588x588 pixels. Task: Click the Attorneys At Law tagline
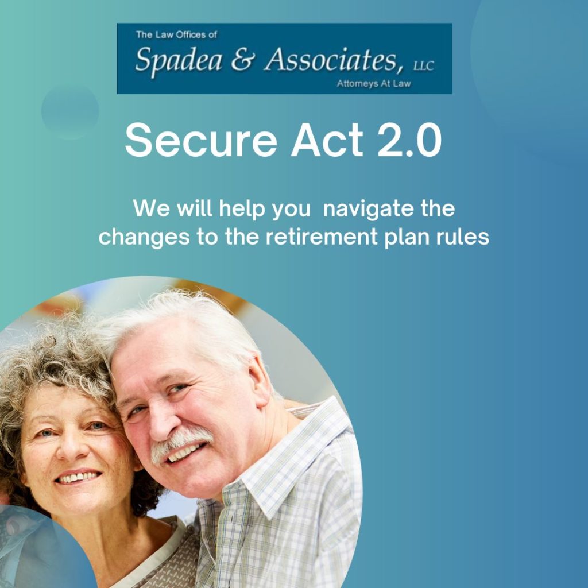(373, 84)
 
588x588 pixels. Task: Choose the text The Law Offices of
(176, 35)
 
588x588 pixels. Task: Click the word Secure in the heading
(201, 141)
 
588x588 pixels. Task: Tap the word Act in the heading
(327, 140)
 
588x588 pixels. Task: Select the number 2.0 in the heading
(409, 140)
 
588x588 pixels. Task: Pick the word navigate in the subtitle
(368, 209)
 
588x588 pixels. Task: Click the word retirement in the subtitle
(322, 237)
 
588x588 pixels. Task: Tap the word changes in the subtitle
(144, 238)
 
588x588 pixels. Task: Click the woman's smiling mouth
(78, 477)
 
